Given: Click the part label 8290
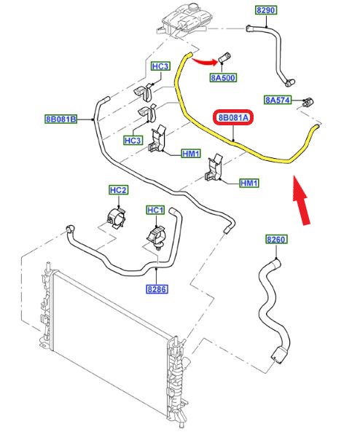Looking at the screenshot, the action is [265, 10].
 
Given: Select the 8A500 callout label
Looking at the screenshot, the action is [223, 78].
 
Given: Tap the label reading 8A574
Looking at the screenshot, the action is [278, 100].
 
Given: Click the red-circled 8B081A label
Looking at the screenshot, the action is [233, 118].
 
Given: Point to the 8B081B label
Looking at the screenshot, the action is [61, 119].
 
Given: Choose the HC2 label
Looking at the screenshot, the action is [118, 190].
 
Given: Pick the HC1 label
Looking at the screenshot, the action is [155, 211].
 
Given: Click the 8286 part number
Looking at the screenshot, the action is [157, 289].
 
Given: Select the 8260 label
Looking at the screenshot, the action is [276, 239].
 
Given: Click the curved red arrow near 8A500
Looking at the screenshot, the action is [205, 62].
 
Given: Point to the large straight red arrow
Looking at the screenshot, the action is [301, 200].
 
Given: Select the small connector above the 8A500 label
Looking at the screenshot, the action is [225, 58].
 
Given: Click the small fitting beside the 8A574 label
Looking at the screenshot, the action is [308, 102].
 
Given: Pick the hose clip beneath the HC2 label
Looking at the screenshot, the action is [117, 219].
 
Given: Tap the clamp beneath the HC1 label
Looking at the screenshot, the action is [156, 237].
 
